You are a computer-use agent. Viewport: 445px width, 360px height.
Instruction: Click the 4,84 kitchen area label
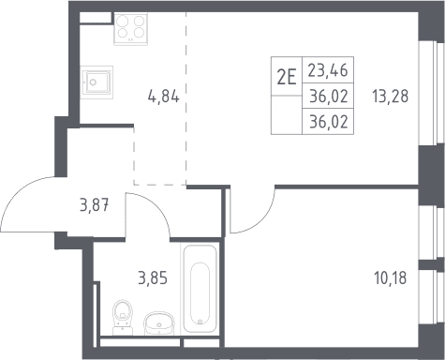click(x=163, y=97)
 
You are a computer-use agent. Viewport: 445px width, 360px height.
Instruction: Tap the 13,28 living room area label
click(x=390, y=96)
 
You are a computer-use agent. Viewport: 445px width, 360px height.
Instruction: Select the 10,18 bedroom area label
click(x=390, y=277)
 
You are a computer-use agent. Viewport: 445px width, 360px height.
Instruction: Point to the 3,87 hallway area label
click(x=95, y=205)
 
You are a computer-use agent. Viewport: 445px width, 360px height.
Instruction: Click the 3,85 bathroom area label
click(x=153, y=277)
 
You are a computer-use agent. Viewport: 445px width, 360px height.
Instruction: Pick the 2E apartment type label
click(x=287, y=77)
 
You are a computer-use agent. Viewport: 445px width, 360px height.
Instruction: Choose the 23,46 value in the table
click(x=328, y=70)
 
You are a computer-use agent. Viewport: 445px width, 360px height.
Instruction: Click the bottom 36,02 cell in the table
click(x=329, y=121)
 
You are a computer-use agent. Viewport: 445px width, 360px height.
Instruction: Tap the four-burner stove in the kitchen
click(x=130, y=28)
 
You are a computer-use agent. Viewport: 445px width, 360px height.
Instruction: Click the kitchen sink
click(x=96, y=82)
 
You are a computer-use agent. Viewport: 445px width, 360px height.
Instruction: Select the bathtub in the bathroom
click(x=200, y=289)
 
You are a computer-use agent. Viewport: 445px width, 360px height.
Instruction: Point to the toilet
click(x=123, y=317)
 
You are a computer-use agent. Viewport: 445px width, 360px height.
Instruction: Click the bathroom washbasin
click(x=159, y=322)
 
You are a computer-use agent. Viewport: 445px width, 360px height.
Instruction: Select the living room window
click(x=435, y=93)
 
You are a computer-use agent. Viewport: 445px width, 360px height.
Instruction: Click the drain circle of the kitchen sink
click(x=93, y=82)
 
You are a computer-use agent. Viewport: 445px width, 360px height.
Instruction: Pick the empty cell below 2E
click(x=287, y=114)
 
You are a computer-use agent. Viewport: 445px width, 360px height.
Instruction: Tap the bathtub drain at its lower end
click(x=200, y=322)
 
